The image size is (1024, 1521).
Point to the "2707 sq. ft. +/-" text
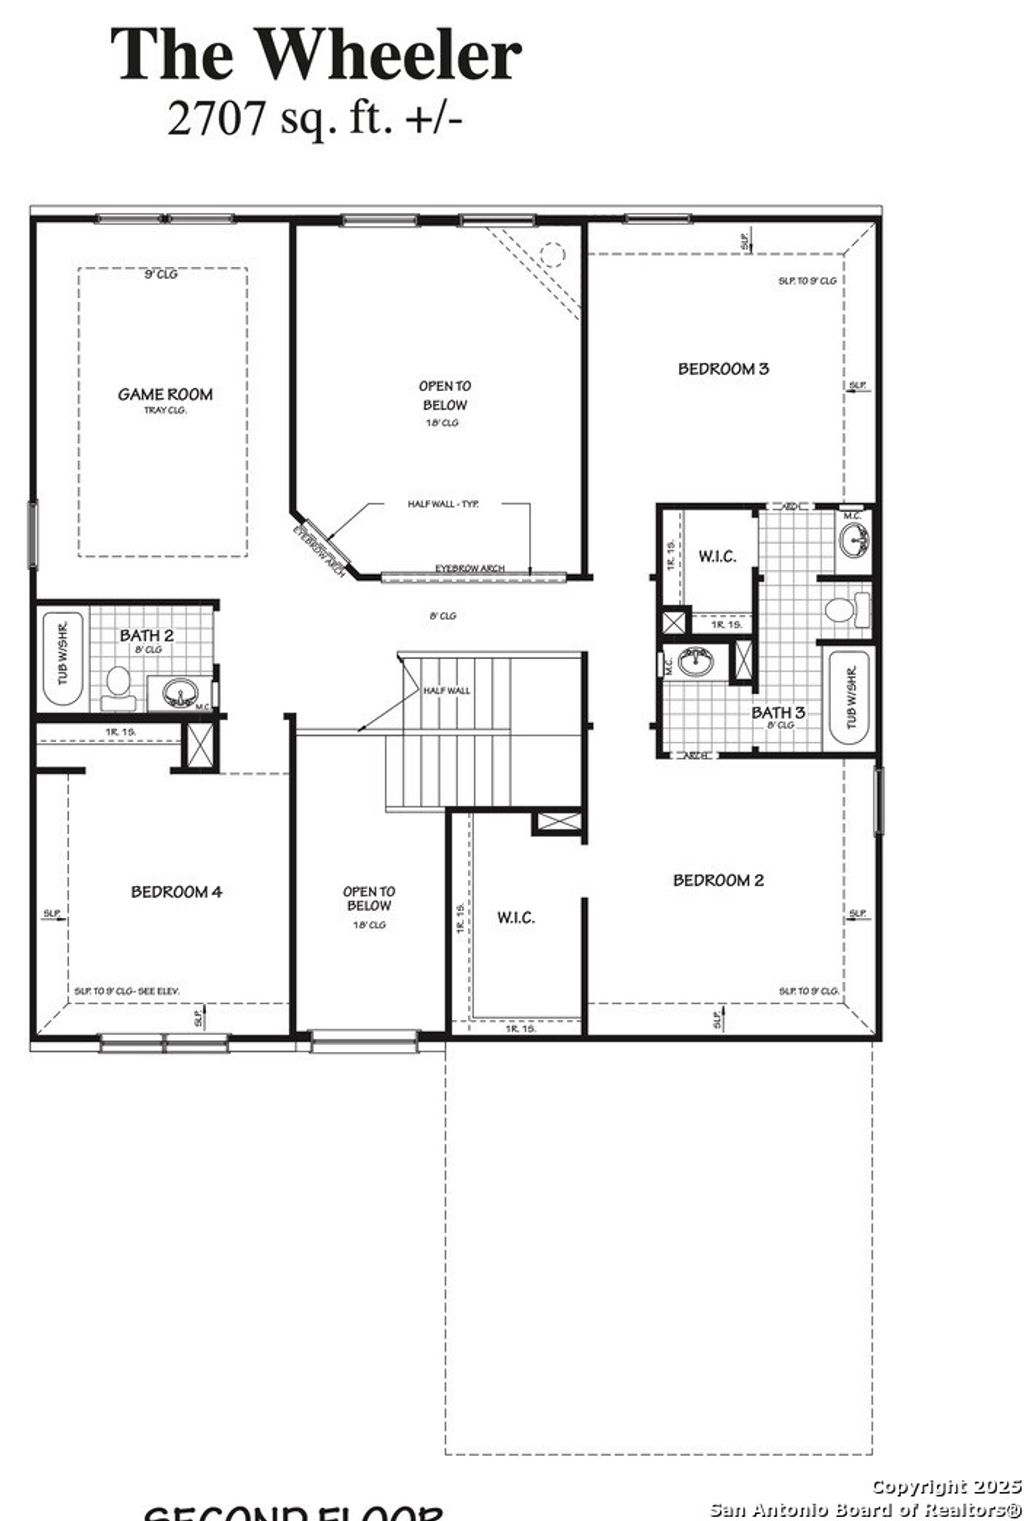point(314,118)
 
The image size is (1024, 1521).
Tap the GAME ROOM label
point(165,394)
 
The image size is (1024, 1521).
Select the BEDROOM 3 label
point(723,368)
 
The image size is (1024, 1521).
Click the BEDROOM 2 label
point(718,880)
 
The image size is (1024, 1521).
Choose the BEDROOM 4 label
point(176,891)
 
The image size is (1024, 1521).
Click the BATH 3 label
point(778,712)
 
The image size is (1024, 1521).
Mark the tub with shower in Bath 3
point(851,697)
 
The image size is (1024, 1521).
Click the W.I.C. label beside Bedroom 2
point(515,917)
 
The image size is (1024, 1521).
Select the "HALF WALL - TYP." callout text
point(443,504)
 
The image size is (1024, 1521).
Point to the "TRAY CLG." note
point(165,410)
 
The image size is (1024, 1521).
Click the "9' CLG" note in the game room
point(160,275)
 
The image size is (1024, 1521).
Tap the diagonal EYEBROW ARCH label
point(320,550)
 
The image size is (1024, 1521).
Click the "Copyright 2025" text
point(945,1487)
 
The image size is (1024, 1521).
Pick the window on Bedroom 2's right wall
point(878,800)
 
